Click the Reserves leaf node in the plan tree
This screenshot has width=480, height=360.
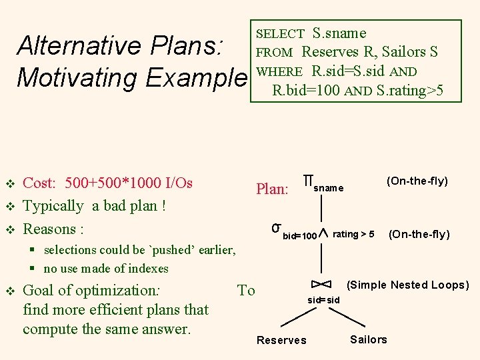click(x=281, y=340)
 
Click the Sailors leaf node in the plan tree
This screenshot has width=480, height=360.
click(x=368, y=339)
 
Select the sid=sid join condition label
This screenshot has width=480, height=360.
click(x=323, y=300)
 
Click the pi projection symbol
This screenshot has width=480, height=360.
click(x=308, y=181)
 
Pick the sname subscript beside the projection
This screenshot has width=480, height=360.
click(x=329, y=189)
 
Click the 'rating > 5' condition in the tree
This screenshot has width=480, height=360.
click(x=353, y=234)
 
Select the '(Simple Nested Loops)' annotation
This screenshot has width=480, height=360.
click(x=408, y=285)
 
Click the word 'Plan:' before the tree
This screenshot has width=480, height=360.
click(x=272, y=189)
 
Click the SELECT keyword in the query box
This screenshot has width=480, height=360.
click(x=281, y=33)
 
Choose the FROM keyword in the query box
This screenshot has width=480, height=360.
click(x=275, y=53)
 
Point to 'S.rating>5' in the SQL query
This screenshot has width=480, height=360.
click(x=410, y=90)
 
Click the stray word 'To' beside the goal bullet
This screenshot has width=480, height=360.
click(x=246, y=290)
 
